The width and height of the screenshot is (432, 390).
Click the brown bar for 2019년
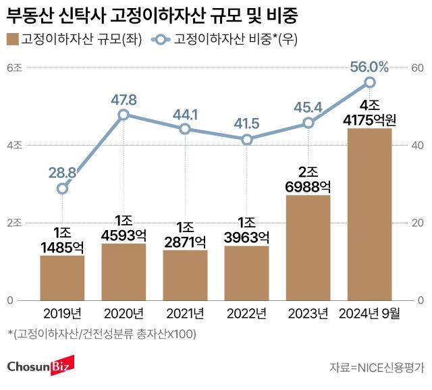click(x=62, y=277)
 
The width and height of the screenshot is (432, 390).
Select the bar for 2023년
click(x=308, y=247)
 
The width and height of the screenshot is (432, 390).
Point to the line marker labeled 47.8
click(x=124, y=115)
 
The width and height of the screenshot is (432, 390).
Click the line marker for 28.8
click(x=62, y=188)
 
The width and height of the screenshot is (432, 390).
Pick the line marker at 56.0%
click(x=369, y=82)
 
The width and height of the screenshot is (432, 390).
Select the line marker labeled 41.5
click(x=247, y=139)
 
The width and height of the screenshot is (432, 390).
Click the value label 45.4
click(x=307, y=107)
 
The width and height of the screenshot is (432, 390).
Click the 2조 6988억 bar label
click(x=308, y=177)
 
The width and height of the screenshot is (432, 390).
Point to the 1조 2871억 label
click(x=185, y=233)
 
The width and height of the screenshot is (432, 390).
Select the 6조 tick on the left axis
click(x=14, y=68)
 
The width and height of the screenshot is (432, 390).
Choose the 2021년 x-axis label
click(x=185, y=313)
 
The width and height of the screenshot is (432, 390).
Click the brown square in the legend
click(x=13, y=38)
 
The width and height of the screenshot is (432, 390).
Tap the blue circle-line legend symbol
click(x=160, y=38)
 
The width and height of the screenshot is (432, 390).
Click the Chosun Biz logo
click(x=40, y=367)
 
